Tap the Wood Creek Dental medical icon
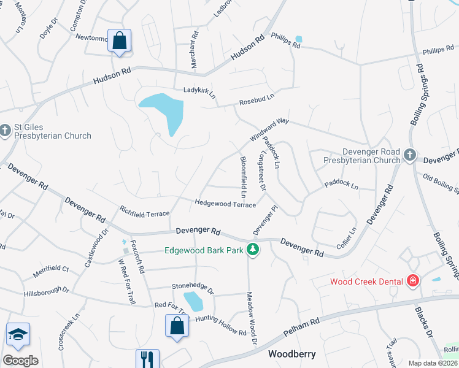pos(414,282)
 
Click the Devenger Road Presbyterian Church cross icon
pos(409,156)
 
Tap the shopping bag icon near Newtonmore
pos(120,42)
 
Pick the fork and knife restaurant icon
pos(147,359)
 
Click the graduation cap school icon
pos(18,335)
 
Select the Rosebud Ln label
pos(256,98)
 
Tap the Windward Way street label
pos(268,130)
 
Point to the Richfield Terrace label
pos(144,211)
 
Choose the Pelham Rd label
pos(301,329)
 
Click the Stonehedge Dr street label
pos(192,286)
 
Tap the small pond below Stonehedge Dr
pos(193,301)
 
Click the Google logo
pos(20,360)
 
